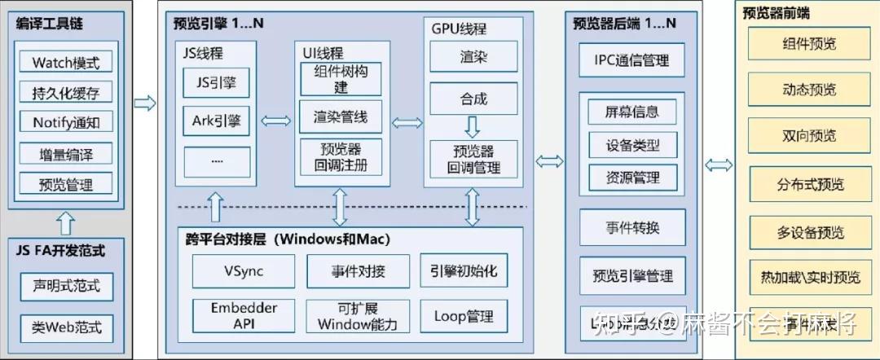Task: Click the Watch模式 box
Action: pyautogui.click(x=66, y=62)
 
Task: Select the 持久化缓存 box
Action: pyautogui.click(x=66, y=92)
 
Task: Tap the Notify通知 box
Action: pyautogui.click(x=66, y=123)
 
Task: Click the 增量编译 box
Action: pyautogui.click(x=66, y=154)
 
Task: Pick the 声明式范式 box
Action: pyautogui.click(x=66, y=287)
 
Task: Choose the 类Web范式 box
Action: pyautogui.click(x=66, y=328)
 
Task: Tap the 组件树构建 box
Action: pyautogui.click(x=341, y=80)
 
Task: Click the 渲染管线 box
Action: pyautogui.click(x=341, y=117)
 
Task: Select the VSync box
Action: pyautogui.click(x=243, y=271)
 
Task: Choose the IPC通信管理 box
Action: pyautogui.click(x=631, y=60)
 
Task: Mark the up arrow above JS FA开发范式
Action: pyautogui.click(x=66, y=222)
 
